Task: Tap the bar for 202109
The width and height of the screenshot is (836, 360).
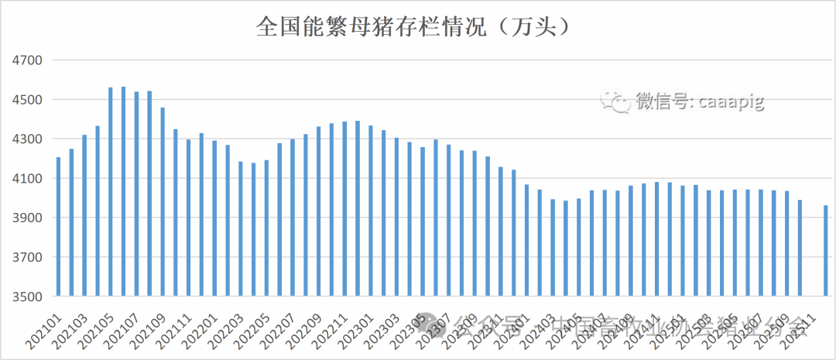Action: [x=163, y=202]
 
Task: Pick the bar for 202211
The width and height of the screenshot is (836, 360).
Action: [x=344, y=209]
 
